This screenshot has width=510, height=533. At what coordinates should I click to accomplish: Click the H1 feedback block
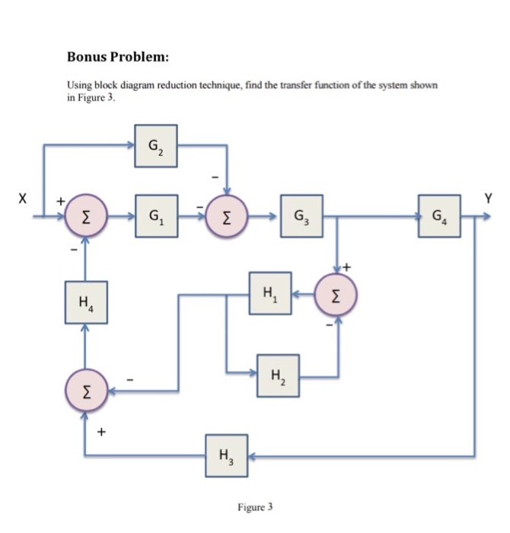(x=270, y=292)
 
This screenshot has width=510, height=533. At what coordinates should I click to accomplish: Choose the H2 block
(x=277, y=376)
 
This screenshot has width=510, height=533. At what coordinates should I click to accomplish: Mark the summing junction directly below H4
(x=85, y=391)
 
